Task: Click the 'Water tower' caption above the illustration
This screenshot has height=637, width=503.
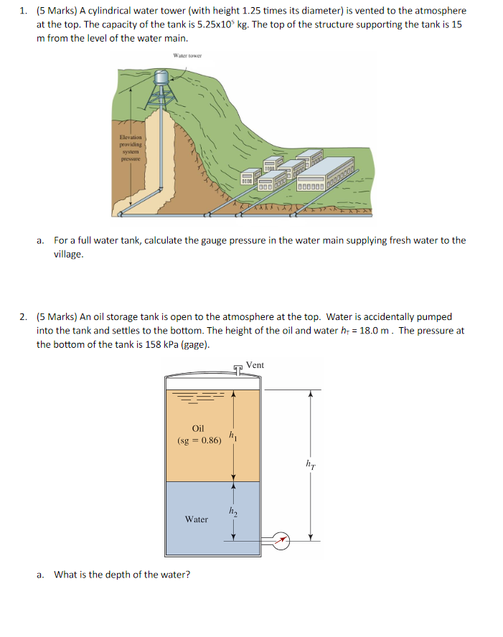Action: pyautogui.click(x=187, y=55)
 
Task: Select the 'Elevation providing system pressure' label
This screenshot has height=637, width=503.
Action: pyautogui.click(x=131, y=147)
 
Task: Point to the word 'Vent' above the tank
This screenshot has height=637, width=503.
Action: pyautogui.click(x=255, y=365)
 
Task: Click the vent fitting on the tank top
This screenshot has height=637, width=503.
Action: pyautogui.click(x=238, y=370)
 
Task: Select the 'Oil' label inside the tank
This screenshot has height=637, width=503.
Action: pyautogui.click(x=198, y=428)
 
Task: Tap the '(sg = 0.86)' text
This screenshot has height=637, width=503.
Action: pyautogui.click(x=199, y=440)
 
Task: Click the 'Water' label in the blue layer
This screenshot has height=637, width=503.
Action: pyautogui.click(x=197, y=519)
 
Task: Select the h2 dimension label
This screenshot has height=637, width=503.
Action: pyautogui.click(x=231, y=511)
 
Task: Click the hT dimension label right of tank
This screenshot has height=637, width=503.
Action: pyautogui.click(x=310, y=465)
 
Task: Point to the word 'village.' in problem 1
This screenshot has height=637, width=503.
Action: pyautogui.click(x=69, y=254)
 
